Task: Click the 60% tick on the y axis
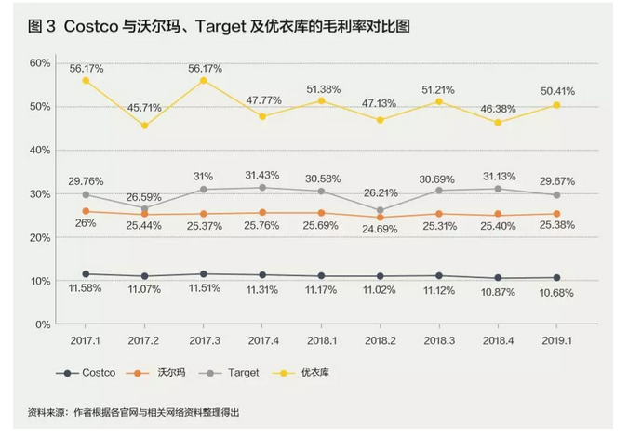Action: tap(40, 62)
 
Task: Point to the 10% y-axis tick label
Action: tap(40, 281)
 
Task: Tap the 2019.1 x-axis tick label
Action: tap(555, 341)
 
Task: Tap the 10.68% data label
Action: tap(555, 293)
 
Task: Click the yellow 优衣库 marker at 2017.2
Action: tap(144, 126)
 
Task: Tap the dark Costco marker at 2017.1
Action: tap(86, 274)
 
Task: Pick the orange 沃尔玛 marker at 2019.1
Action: tap(555, 214)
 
